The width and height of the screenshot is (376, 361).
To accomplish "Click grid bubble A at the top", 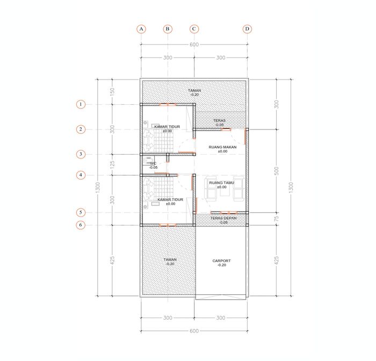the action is click(141, 29).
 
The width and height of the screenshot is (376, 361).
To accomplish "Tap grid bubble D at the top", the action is click(247, 29).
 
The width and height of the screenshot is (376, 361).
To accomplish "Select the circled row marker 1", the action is click(81, 104).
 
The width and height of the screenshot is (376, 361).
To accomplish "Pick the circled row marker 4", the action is click(81, 175).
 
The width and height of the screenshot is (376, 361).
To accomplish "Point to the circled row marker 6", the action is click(81, 225).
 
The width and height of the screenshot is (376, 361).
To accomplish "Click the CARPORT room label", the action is click(221, 261).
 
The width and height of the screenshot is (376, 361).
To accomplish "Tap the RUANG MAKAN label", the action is click(222, 147).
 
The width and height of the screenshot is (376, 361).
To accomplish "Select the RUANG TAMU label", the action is click(221, 183).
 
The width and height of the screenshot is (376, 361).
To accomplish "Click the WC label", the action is click(153, 163).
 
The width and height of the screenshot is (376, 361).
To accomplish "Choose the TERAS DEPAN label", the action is click(223, 218).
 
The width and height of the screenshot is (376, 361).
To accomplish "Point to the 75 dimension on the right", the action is click(276, 219).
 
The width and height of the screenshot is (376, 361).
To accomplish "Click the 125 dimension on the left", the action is click(112, 164).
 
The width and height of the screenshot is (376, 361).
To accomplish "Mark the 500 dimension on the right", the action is click(276, 171).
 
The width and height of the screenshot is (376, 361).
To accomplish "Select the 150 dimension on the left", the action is click(112, 92).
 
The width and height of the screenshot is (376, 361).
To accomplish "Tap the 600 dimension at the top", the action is click(194, 45).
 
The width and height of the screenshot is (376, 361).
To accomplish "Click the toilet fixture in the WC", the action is click(148, 161).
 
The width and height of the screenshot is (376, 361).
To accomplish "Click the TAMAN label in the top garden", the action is click(194, 90).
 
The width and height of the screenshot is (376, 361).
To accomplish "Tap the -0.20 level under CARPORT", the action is click(222, 265).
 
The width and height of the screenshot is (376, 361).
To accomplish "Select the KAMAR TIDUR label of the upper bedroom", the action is click(167, 127).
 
